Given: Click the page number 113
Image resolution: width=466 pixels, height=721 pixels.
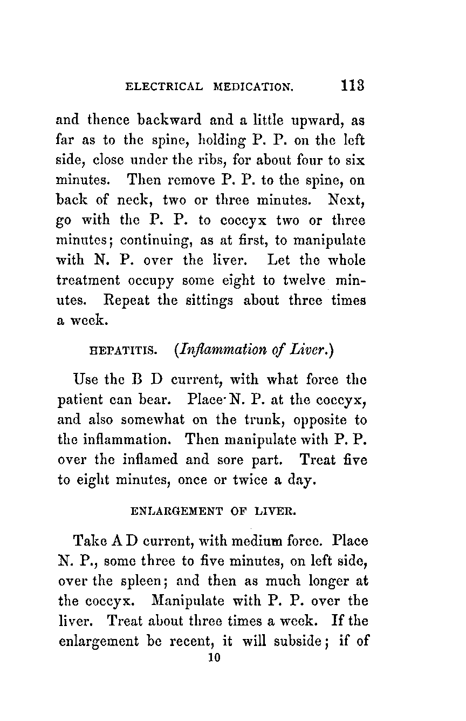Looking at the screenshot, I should (x=353, y=86).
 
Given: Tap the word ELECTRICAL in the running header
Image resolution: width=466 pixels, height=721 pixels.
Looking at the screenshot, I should (x=164, y=87).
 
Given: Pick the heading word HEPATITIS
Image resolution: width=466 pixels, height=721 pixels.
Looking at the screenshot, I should (x=121, y=352).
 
